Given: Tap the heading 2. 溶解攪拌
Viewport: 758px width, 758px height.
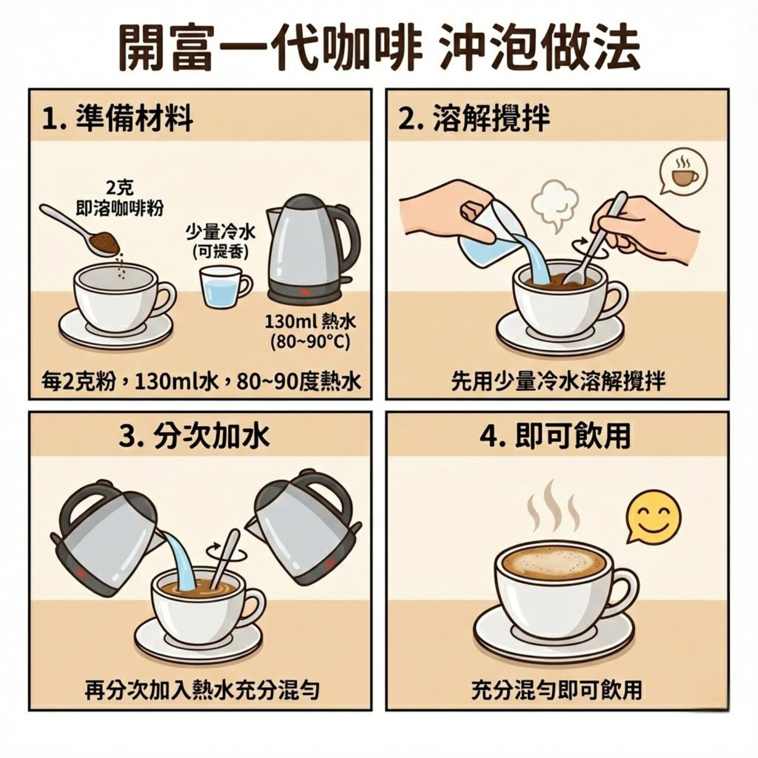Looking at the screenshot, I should [474, 120].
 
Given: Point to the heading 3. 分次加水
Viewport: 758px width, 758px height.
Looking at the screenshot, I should [195, 436].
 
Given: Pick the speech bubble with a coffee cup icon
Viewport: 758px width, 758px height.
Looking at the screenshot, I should [683, 171].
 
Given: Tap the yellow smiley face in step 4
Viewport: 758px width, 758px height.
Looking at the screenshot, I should [653, 516].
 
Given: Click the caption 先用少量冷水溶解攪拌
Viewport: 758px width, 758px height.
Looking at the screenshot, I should [558, 382].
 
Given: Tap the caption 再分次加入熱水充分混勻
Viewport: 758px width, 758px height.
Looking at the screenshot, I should [202, 690].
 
